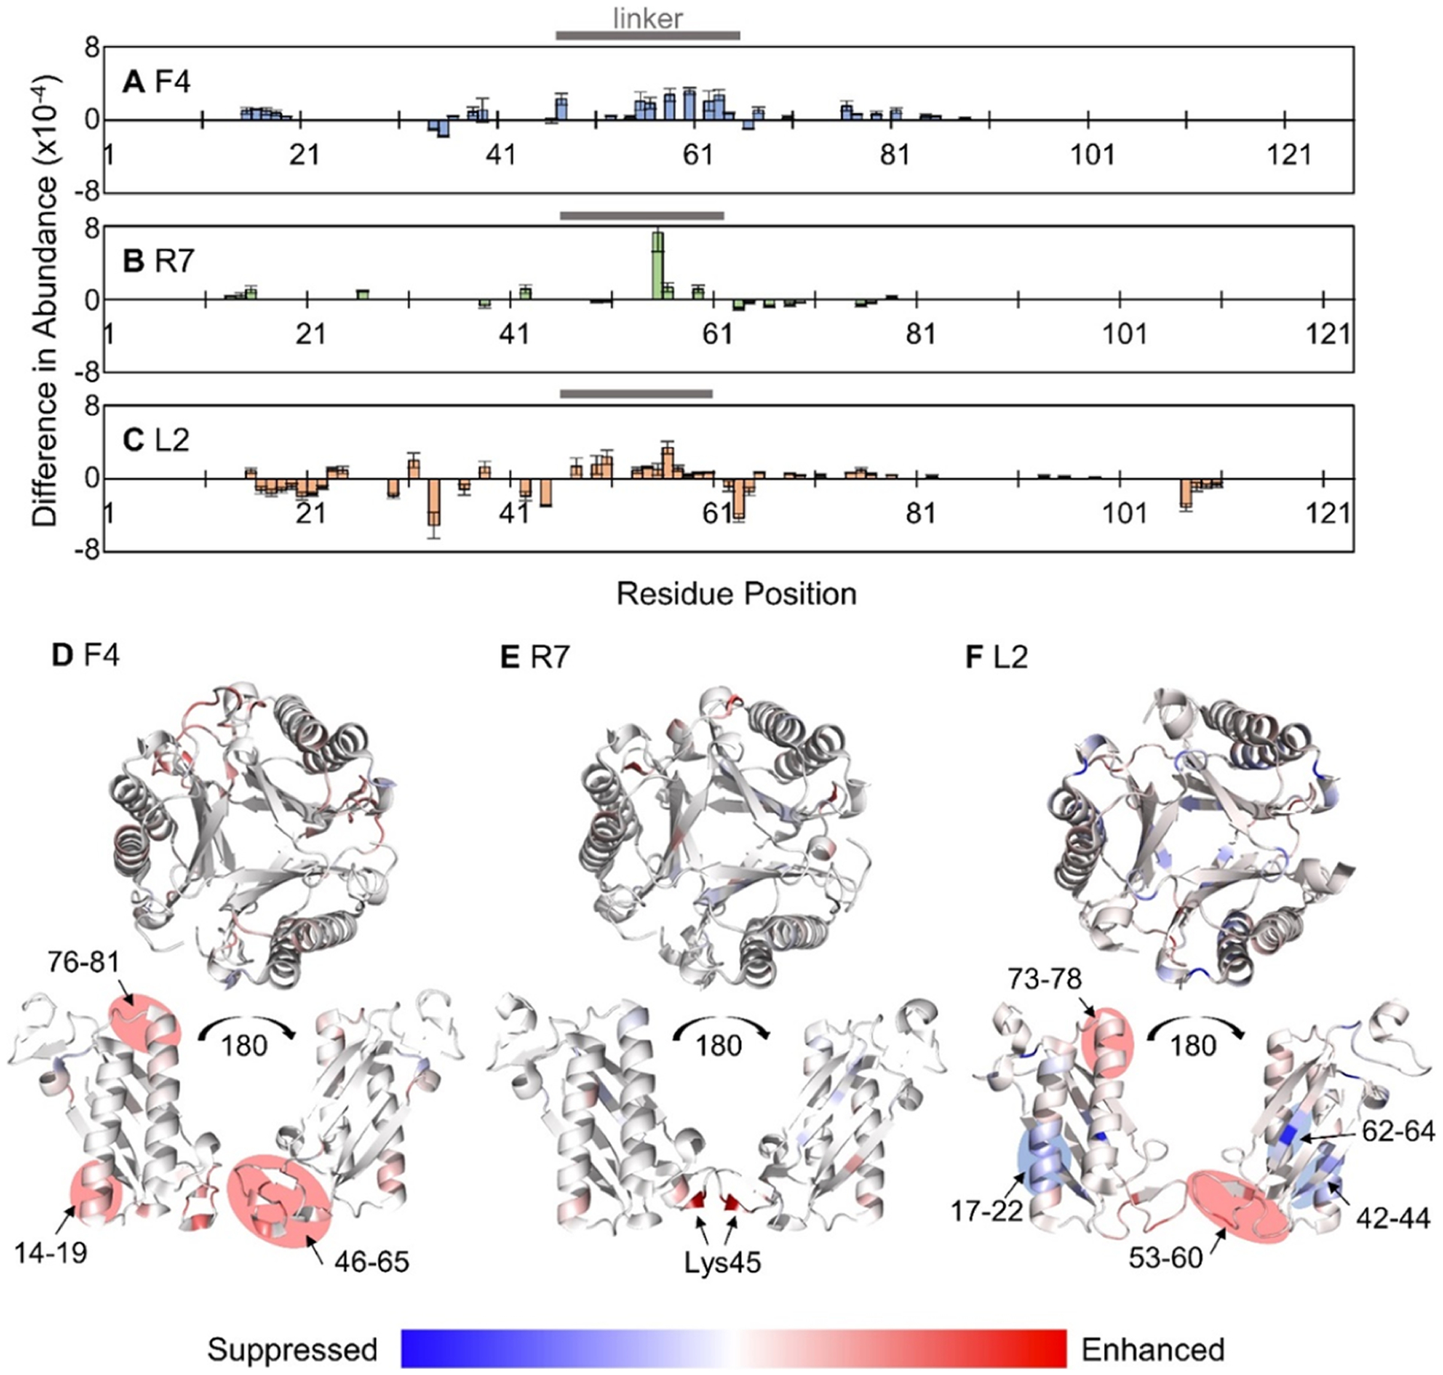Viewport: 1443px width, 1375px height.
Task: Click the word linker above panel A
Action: coord(648,18)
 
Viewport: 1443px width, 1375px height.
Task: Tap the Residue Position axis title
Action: coord(736,594)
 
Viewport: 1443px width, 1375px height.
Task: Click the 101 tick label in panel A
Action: coord(1092,155)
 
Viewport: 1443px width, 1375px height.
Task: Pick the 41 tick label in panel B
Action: coord(514,333)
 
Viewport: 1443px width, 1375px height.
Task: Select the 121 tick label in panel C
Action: coord(1328,513)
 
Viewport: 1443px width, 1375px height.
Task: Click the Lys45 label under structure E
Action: coord(722,1262)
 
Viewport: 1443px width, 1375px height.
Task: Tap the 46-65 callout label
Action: coord(372,1261)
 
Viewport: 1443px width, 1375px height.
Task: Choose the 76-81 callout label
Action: coord(85,962)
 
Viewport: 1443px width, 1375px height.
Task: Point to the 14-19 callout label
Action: coord(51,1252)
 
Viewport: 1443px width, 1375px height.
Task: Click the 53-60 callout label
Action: coord(1166,1257)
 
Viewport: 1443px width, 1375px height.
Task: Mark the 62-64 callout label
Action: coord(1399,1131)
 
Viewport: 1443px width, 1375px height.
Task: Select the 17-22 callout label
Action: coord(987,1211)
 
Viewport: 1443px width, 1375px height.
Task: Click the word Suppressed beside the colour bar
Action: coord(292,1350)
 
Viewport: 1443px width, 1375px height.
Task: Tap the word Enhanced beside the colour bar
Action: coord(1153,1350)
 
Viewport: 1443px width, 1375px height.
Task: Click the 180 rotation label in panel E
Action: coord(719,1045)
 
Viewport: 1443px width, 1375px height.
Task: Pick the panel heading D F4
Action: coord(86,656)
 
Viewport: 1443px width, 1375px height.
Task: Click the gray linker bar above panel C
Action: coord(637,393)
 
